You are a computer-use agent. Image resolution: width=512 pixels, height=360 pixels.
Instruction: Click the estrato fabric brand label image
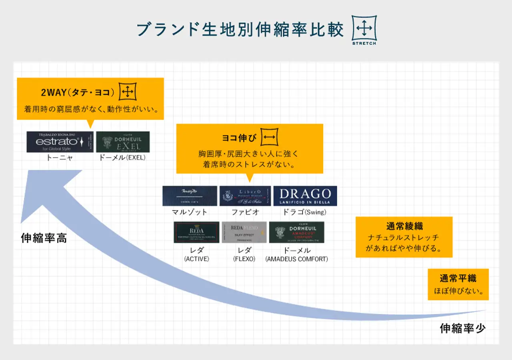(x=60, y=142)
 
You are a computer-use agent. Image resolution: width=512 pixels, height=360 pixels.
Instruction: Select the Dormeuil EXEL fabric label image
(x=123, y=142)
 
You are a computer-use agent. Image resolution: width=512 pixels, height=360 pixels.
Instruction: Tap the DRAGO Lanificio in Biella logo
(x=305, y=196)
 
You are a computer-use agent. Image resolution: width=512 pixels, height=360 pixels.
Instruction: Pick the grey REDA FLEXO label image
(x=244, y=232)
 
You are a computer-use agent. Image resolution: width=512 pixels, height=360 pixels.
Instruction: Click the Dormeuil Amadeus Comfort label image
(x=296, y=232)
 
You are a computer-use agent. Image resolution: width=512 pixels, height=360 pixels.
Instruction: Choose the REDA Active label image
(x=196, y=232)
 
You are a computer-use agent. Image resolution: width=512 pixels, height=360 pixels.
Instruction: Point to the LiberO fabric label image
(x=245, y=196)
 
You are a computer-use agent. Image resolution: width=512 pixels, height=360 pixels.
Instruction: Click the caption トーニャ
(x=60, y=158)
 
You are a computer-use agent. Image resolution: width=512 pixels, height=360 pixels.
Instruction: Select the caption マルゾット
(x=190, y=212)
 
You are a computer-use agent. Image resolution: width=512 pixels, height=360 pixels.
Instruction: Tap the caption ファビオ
(x=245, y=212)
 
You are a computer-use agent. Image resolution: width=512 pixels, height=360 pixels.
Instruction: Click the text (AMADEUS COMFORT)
(x=296, y=259)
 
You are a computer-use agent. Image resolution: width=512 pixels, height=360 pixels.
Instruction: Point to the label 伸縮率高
(x=44, y=238)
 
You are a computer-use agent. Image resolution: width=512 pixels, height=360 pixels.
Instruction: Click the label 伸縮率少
(x=462, y=328)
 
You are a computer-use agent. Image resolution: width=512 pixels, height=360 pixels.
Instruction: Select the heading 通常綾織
(x=404, y=226)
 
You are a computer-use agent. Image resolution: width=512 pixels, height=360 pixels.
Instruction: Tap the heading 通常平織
(x=458, y=279)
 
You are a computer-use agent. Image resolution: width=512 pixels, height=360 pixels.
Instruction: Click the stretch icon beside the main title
(x=364, y=30)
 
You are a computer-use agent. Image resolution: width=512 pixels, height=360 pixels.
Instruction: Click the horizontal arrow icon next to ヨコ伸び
(x=269, y=137)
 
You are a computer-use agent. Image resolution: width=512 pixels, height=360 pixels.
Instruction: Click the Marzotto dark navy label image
(x=190, y=196)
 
